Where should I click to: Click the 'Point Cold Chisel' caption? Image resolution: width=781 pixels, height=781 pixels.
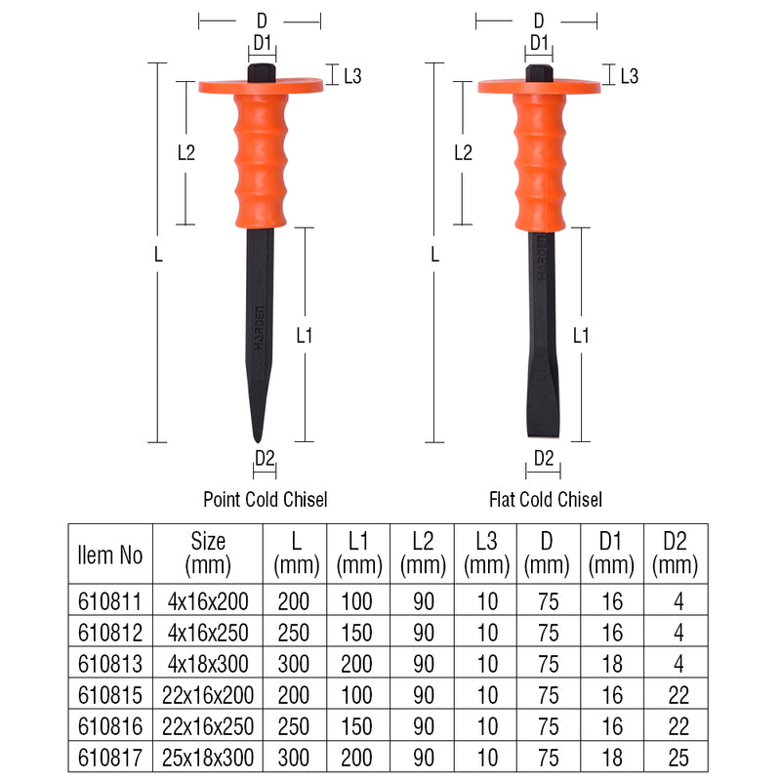265,500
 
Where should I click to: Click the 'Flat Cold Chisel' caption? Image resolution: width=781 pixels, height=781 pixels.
546,500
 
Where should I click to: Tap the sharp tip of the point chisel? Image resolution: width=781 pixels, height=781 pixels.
256,438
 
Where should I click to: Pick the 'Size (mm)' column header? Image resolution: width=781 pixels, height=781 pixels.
208,553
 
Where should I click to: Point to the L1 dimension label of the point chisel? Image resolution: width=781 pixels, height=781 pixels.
305,335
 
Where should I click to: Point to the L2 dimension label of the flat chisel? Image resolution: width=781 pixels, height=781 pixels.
463,152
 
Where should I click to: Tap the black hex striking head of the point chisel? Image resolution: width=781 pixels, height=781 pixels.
261,72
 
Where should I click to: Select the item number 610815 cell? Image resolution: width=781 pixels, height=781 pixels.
109,695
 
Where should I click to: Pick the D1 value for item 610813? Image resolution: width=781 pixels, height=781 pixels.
612,665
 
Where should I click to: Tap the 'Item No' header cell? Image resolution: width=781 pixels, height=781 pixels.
109,554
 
